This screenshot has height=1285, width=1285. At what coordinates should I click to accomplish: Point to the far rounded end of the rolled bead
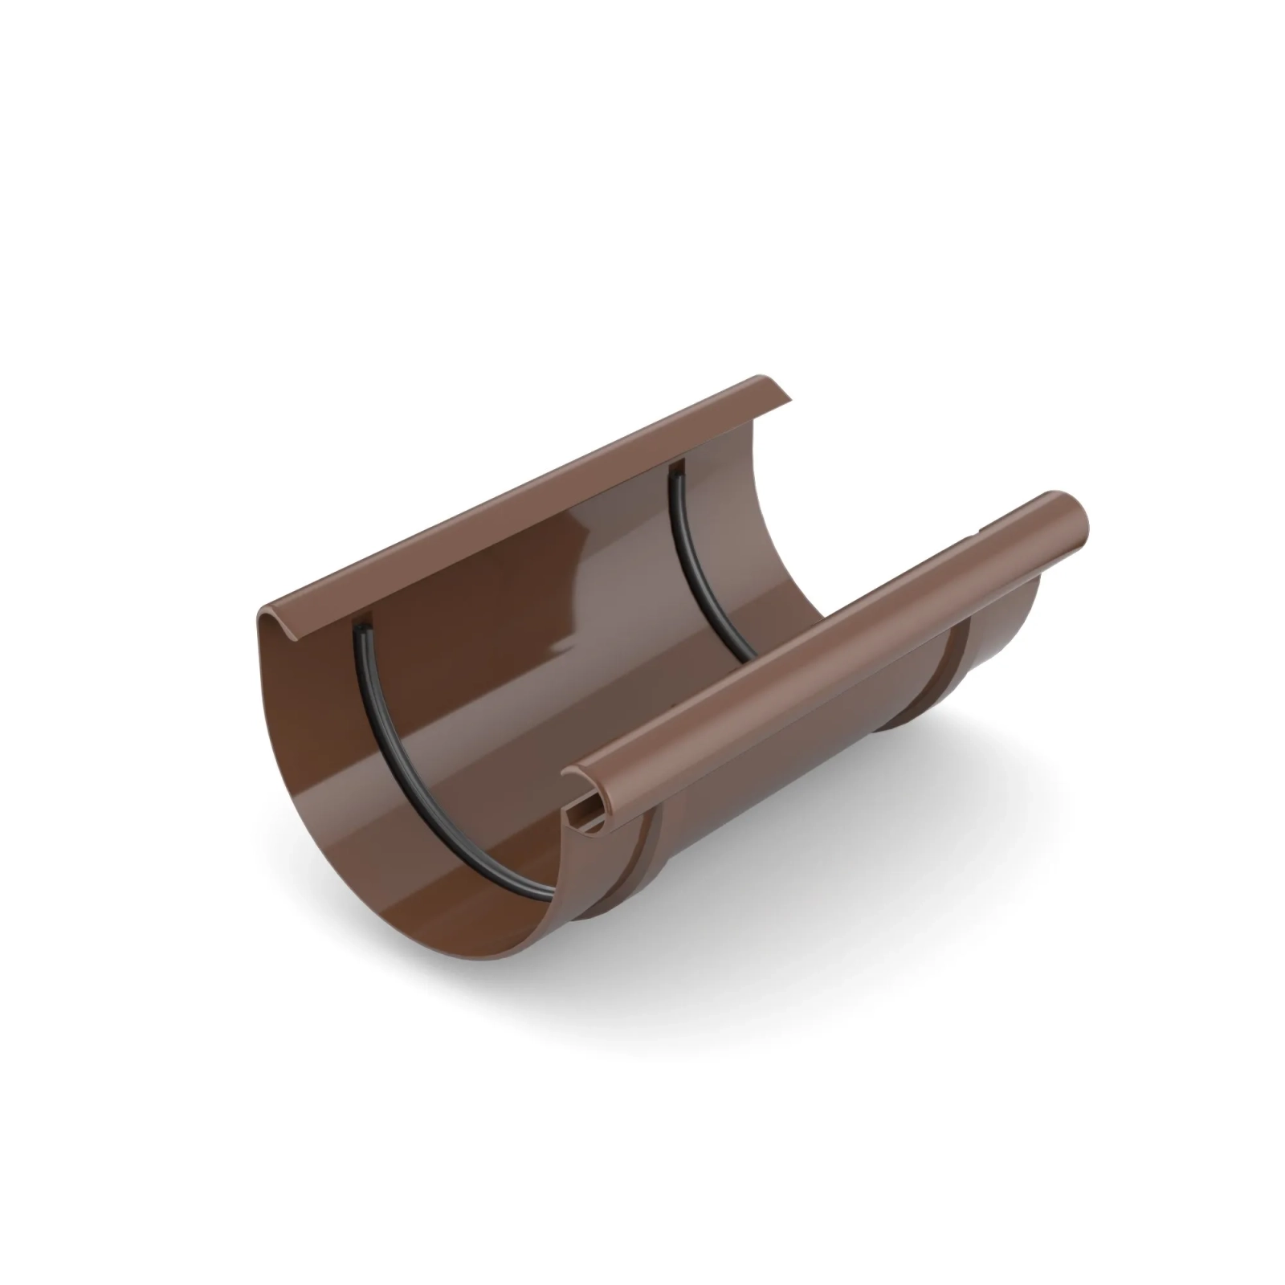click(x=1076, y=514)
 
